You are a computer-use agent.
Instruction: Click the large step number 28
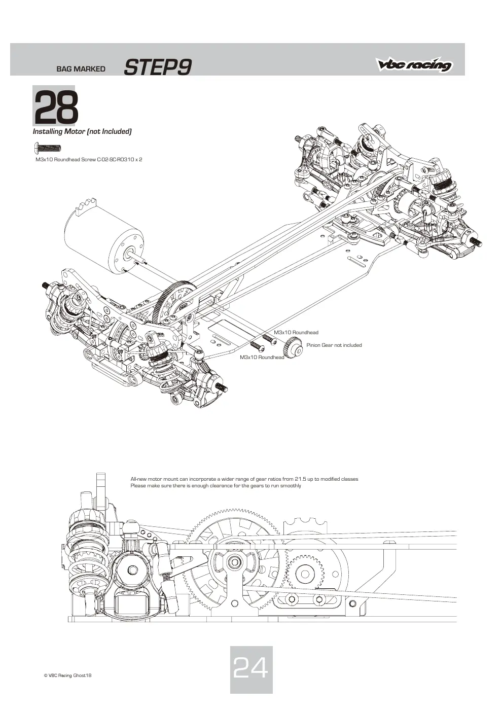click(56, 107)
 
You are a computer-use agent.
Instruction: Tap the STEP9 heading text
click(158, 67)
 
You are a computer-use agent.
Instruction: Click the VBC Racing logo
click(414, 64)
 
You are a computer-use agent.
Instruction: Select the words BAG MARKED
click(81, 69)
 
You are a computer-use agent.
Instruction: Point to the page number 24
click(250, 668)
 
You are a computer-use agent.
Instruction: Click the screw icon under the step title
click(47, 148)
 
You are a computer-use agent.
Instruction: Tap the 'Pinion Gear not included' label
click(334, 345)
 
